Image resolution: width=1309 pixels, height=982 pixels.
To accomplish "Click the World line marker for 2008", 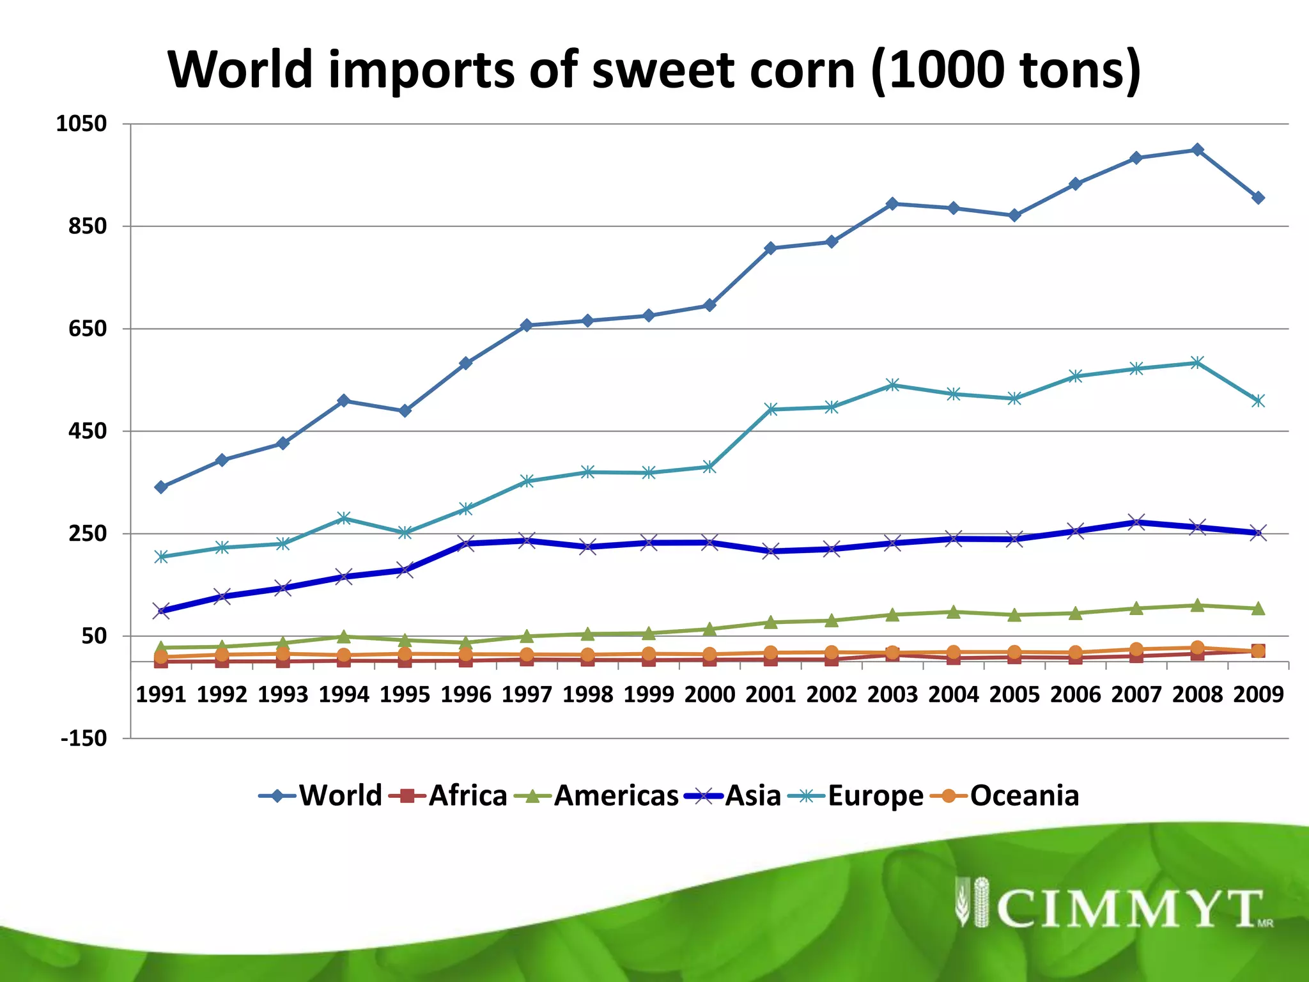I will (1197, 150).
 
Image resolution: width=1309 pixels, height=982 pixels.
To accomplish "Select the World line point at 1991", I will (161, 487).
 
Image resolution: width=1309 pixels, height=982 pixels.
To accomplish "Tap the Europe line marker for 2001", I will (771, 409).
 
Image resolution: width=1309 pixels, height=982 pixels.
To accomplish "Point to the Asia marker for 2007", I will (1136, 522).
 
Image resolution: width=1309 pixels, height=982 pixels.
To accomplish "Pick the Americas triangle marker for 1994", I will (344, 637).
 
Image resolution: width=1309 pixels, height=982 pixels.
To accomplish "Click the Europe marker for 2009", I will (1258, 401).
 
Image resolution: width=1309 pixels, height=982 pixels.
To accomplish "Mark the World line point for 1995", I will (405, 411).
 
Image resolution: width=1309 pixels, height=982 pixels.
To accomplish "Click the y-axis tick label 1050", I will (81, 123).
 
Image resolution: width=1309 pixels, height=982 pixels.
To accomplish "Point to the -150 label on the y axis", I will (84, 738).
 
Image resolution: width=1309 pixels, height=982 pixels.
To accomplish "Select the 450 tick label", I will (87, 432).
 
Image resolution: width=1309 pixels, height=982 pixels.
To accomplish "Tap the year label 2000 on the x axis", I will (709, 694).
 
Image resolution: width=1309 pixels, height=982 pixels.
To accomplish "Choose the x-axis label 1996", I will (466, 694).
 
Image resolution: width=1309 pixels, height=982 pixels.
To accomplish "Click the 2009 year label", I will (1258, 694).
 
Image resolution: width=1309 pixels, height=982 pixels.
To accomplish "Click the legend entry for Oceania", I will (1024, 796).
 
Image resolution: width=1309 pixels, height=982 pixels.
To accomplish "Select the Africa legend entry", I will (467, 796).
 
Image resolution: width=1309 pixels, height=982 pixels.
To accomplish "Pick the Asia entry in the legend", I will (752, 796).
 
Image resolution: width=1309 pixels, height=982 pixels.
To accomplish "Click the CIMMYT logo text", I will (1128, 908).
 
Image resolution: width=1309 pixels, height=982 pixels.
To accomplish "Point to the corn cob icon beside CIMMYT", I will (972, 901).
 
